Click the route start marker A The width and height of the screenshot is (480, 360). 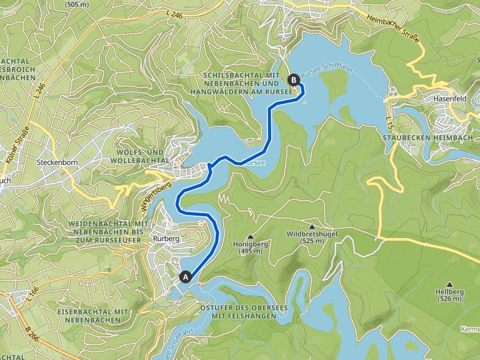[x=185, y=276]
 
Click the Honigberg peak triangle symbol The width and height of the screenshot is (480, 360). [x=251, y=237]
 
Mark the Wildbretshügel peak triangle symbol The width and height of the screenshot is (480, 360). [x=312, y=226]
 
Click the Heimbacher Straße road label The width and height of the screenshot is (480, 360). [x=392, y=28]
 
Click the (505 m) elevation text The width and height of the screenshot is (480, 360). [x=76, y=4]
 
